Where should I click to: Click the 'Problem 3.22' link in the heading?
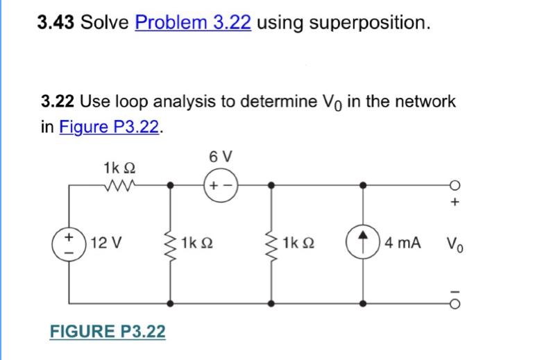click(x=193, y=23)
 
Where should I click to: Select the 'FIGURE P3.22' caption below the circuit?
click(x=108, y=332)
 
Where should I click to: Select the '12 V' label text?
click(x=105, y=244)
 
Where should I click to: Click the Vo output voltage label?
click(x=455, y=245)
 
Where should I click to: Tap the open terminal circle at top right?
click(x=455, y=186)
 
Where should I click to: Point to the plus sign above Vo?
click(x=455, y=203)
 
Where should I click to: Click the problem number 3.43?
click(x=56, y=23)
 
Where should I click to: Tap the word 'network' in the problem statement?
click(x=423, y=102)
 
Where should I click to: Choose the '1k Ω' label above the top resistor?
click(x=119, y=167)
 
